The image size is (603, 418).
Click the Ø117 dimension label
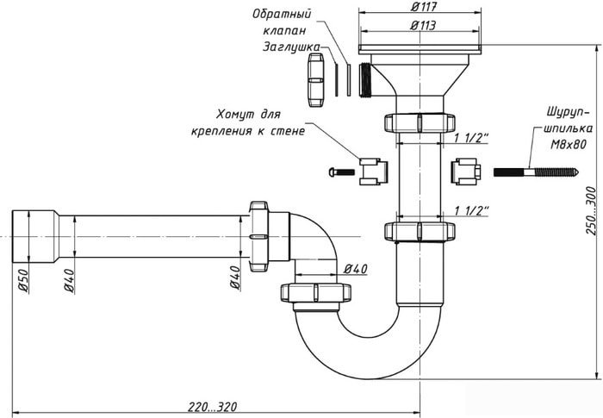(x=424, y=7)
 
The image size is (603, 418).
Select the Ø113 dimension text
(x=424, y=25)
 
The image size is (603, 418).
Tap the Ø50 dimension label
(x=23, y=281)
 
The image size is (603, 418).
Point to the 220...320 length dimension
(x=212, y=407)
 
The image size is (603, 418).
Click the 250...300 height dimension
(x=591, y=211)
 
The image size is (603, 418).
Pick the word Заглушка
(x=291, y=47)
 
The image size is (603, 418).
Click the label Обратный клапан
(x=283, y=22)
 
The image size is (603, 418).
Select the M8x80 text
(x=569, y=145)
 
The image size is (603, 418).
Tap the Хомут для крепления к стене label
(x=248, y=122)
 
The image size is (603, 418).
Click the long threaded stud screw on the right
(x=537, y=172)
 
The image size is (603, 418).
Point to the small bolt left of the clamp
(x=342, y=172)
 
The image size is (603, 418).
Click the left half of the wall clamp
(x=373, y=172)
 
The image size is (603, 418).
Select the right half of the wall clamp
(x=466, y=172)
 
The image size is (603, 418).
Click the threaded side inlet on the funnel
(x=365, y=80)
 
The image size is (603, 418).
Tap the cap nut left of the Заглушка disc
(x=316, y=80)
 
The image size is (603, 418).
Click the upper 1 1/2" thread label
(x=471, y=138)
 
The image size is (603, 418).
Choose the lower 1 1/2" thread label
(x=471, y=211)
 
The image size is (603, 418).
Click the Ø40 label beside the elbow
(x=355, y=269)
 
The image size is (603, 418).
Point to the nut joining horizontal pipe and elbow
(x=258, y=236)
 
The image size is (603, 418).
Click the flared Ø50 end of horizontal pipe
(x=35, y=236)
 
